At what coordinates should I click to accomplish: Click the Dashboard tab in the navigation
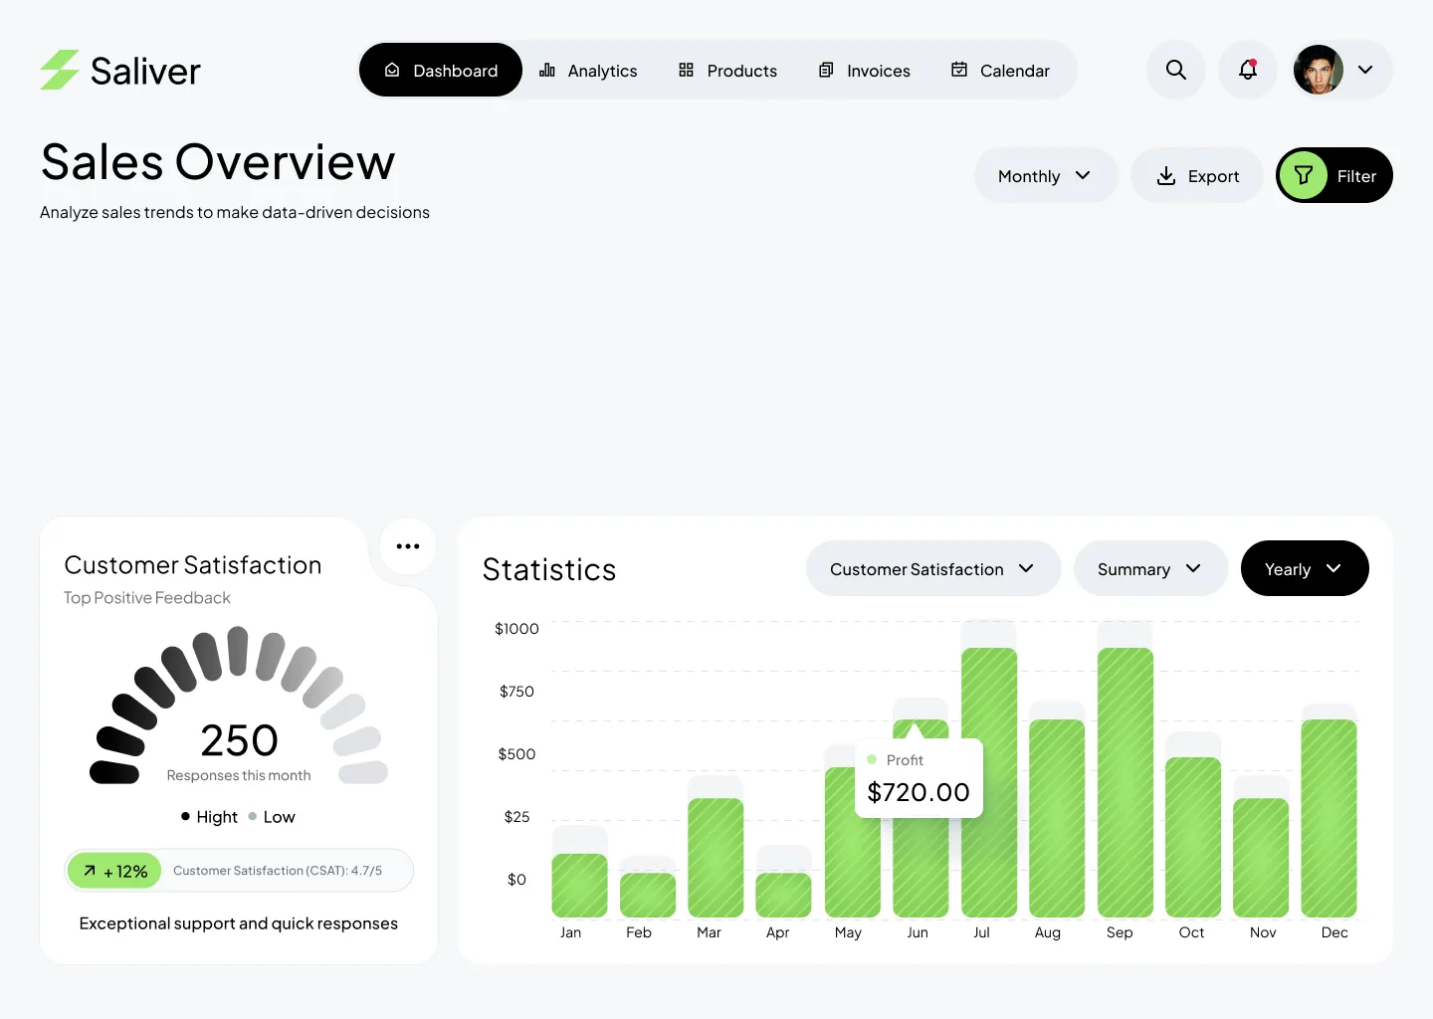[x=441, y=71]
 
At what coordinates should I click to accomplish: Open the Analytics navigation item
[x=588, y=71]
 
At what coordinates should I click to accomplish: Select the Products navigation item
[x=727, y=71]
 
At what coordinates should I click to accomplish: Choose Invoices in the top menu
[x=864, y=71]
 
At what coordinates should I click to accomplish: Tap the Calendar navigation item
[x=1000, y=71]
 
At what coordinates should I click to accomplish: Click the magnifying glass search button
[x=1176, y=70]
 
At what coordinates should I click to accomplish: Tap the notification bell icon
[x=1248, y=70]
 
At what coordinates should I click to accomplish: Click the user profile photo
[x=1319, y=70]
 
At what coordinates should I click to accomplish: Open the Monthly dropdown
[x=1045, y=176]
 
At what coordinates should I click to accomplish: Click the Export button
[x=1197, y=176]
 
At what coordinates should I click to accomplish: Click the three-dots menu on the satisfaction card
[x=408, y=546]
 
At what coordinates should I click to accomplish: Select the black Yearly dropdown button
[x=1304, y=569]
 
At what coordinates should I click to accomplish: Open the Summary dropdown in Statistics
[x=1149, y=569]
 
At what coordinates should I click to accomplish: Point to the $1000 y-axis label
[x=516, y=629]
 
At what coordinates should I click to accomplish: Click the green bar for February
[x=648, y=895]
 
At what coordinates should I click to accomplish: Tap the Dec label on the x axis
[x=1334, y=932]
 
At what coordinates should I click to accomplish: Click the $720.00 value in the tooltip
[x=919, y=792]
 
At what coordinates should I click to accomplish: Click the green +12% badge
[x=115, y=871]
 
